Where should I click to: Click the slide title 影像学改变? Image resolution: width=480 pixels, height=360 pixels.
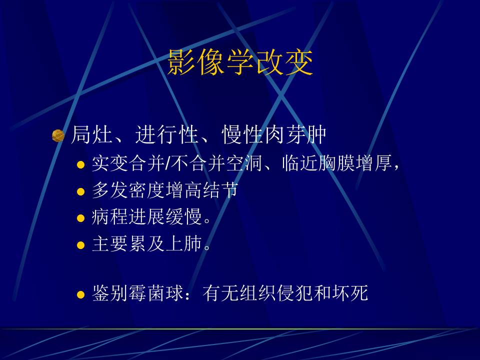click(x=240, y=63)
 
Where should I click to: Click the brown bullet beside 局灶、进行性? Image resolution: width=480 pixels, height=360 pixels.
click(x=58, y=135)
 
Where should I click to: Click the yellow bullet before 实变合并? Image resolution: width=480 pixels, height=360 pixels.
click(x=81, y=165)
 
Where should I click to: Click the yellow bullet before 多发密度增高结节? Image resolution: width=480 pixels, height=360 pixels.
click(x=81, y=191)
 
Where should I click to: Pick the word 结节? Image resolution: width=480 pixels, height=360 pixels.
click(x=222, y=190)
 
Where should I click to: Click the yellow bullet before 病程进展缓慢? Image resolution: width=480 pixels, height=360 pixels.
click(x=81, y=218)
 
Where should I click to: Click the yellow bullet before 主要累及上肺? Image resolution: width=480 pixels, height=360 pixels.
click(x=81, y=245)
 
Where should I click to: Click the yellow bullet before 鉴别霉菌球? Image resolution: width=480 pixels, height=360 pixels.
click(x=81, y=294)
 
